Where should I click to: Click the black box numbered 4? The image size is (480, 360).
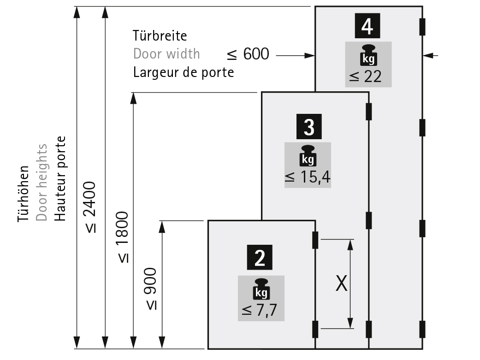pyautogui.click(x=367, y=26)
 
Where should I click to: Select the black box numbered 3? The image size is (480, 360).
pyautogui.click(x=309, y=126)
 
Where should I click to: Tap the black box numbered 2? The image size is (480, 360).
pyautogui.click(x=260, y=258)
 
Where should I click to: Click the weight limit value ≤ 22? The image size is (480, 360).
pyautogui.click(x=366, y=77)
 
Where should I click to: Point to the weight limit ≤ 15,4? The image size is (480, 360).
pyautogui.click(x=308, y=177)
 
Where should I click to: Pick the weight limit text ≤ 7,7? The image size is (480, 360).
pyautogui.click(x=259, y=310)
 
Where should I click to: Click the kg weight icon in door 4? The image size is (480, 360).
pyautogui.click(x=368, y=55)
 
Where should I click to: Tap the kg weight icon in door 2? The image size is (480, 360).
pyautogui.click(x=261, y=289)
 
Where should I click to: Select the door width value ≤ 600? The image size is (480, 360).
pyautogui.click(x=248, y=54)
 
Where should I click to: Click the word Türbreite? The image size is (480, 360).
pyautogui.click(x=160, y=36)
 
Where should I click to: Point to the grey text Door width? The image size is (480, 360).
pyautogui.click(x=166, y=54)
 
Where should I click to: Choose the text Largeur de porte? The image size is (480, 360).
pyautogui.click(x=184, y=72)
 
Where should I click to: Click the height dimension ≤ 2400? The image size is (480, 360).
pyautogui.click(x=90, y=207)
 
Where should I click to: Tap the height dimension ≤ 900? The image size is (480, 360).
pyautogui.click(x=151, y=289)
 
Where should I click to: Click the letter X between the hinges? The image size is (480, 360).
pyautogui.click(x=341, y=283)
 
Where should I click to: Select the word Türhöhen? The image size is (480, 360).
pyautogui.click(x=23, y=194)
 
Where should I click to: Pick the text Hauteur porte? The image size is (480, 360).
pyautogui.click(x=60, y=179)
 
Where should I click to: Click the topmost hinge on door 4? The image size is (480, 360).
pyautogui.click(x=422, y=27)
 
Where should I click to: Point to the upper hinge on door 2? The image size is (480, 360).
pyautogui.click(x=315, y=240)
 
